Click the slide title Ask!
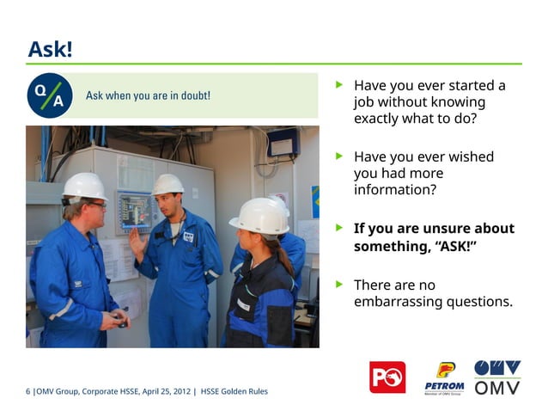tap(50, 49)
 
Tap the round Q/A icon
tap(50, 95)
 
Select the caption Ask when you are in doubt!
tap(148, 95)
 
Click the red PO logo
tap(387, 377)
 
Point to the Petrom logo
tap(444, 377)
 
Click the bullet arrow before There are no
tap(339, 285)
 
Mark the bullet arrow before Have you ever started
tap(339, 86)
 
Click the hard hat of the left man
tap(83, 186)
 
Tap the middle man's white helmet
tap(167, 184)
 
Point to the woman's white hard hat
tap(260, 215)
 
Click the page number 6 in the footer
tap(28, 392)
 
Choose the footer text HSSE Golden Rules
tap(234, 392)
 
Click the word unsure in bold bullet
tap(438, 229)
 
